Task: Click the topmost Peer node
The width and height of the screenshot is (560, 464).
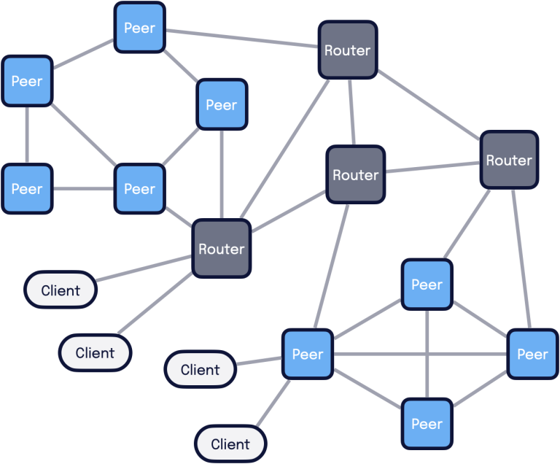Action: (x=139, y=28)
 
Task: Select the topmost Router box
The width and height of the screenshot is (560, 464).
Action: (x=347, y=50)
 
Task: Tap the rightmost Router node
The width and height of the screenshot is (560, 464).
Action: (x=509, y=160)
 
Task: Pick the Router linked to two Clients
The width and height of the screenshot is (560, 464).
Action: (x=222, y=249)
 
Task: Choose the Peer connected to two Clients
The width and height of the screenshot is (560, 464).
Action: (x=307, y=355)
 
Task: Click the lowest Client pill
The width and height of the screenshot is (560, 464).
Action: (x=230, y=444)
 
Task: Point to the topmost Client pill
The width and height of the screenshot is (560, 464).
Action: (x=61, y=290)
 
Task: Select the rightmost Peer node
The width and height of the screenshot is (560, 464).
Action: (x=532, y=355)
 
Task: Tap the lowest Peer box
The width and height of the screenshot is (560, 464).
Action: (x=427, y=423)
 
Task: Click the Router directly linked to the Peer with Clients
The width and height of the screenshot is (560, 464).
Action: (x=355, y=175)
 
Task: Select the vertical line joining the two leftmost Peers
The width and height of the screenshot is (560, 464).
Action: (x=27, y=135)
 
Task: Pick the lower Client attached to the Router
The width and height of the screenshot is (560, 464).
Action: (x=95, y=353)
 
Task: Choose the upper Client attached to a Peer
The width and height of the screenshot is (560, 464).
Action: (x=201, y=369)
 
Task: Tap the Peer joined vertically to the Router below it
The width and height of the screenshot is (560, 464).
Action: (x=222, y=105)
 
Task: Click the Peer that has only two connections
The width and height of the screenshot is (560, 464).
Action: (x=27, y=189)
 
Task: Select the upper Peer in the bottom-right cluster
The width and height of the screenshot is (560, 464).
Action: (x=427, y=285)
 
